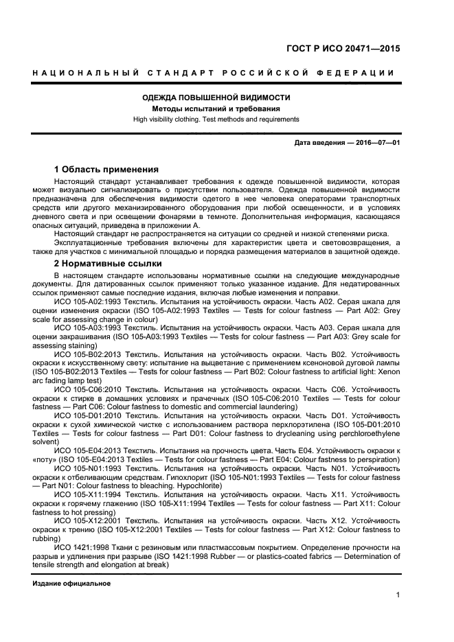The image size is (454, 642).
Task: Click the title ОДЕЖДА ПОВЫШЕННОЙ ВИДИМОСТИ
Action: click(216, 98)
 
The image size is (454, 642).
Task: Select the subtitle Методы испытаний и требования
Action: click(216, 108)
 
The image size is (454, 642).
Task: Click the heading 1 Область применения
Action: click(106, 169)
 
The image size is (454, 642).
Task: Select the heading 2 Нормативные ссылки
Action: click(108, 263)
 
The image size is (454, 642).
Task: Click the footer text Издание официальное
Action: click(71, 583)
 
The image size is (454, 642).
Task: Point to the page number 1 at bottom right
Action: click(398, 595)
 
